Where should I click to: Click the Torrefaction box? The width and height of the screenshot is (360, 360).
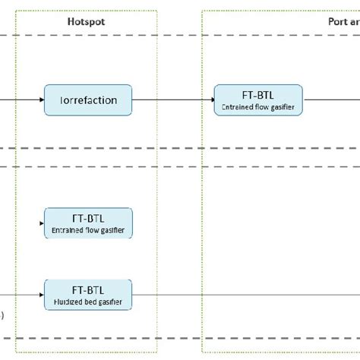click(x=88, y=99)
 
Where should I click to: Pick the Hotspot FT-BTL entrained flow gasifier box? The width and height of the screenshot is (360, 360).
click(x=88, y=223)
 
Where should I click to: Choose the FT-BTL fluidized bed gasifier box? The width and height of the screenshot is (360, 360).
click(x=88, y=294)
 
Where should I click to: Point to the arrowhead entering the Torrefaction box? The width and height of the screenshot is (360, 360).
click(x=41, y=99)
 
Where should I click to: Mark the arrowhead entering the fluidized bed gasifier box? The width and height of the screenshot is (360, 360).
click(x=41, y=294)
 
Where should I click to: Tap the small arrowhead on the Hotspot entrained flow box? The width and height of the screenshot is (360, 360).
click(x=46, y=223)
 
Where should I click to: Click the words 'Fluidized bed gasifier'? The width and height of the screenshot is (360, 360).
click(x=88, y=301)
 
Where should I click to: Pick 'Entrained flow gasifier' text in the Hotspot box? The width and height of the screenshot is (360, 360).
click(x=88, y=229)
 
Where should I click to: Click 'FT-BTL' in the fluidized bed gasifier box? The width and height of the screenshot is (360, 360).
click(x=88, y=289)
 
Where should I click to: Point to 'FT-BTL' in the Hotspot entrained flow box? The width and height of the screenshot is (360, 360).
click(x=88, y=216)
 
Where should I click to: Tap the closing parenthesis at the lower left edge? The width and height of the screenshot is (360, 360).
click(x=2, y=314)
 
